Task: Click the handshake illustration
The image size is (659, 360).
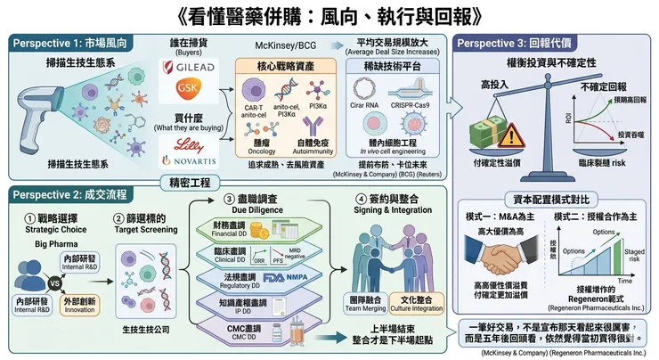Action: pos(505,258)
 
